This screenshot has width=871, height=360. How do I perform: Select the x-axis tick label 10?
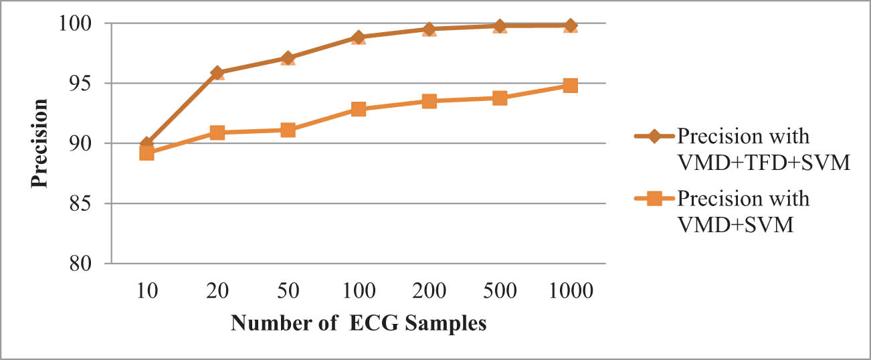147,291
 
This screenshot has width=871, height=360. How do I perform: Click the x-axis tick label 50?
288,291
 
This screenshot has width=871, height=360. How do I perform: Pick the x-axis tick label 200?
429,291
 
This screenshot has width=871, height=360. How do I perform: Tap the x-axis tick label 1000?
570,291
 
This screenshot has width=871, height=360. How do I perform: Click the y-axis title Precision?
40,143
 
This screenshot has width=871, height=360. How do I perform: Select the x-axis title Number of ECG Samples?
358,323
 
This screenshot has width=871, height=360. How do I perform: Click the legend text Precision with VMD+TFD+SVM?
763,150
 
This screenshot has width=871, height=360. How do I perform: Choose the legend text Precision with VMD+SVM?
743,212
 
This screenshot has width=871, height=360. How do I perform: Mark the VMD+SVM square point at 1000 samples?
570,86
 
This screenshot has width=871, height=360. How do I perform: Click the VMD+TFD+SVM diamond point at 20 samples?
217,72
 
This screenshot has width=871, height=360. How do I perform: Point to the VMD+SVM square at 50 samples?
288,130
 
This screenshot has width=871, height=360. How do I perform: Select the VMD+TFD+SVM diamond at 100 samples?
359,37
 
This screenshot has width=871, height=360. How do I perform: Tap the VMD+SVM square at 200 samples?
429,101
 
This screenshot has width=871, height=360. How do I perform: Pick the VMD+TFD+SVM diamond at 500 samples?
500,25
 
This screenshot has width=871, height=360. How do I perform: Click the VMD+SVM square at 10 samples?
147,153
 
